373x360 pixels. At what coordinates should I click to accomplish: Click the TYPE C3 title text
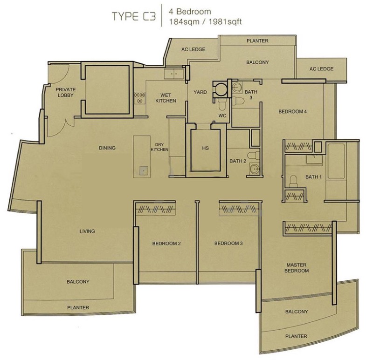(x=132, y=16)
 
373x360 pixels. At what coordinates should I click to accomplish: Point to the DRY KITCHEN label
(x=159, y=147)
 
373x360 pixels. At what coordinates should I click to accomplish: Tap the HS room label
(x=205, y=148)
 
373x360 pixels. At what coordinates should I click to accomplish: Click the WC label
(x=222, y=115)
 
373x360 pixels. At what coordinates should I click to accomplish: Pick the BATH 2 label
(x=237, y=161)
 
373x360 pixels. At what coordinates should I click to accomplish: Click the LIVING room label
(x=87, y=231)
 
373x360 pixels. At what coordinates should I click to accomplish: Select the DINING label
(x=107, y=148)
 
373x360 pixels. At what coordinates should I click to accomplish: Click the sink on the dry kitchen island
(x=143, y=170)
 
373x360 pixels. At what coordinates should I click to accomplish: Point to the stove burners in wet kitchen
(x=139, y=97)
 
